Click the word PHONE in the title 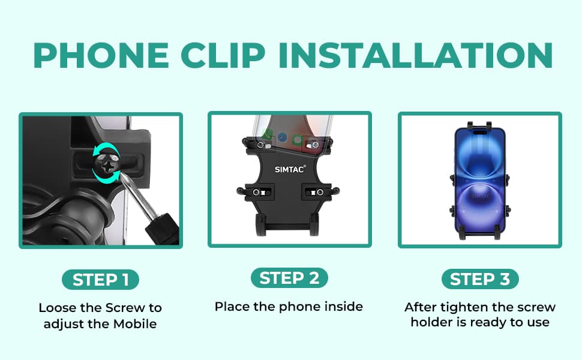click(x=101, y=55)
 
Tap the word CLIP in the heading click(x=223, y=55)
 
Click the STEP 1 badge click(x=100, y=280)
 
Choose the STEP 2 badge click(x=289, y=278)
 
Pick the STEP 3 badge click(x=480, y=279)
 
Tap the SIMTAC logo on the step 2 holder click(x=290, y=169)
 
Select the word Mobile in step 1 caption click(x=135, y=323)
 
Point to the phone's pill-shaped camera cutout click(x=480, y=131)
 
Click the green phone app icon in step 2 click(x=267, y=135)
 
